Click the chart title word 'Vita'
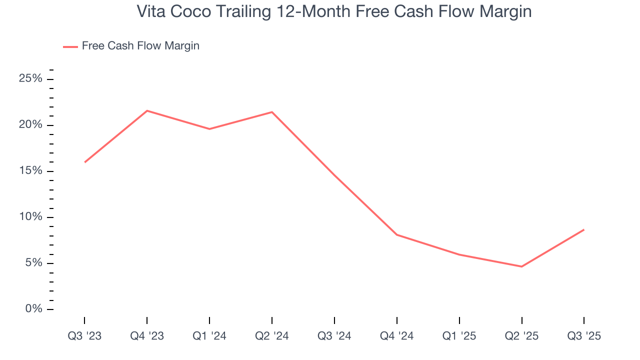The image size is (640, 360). [x=151, y=11]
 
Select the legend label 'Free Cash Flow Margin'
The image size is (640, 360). [x=140, y=46]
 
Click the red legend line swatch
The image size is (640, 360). [x=70, y=46]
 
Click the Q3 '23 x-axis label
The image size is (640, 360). [x=84, y=336]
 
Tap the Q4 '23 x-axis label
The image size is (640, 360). [x=147, y=336]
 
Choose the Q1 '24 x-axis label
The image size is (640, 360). [x=209, y=336]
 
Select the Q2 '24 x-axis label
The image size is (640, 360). [x=272, y=336]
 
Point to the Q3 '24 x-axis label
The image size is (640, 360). [x=334, y=336]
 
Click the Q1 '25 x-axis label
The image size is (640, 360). [x=459, y=336]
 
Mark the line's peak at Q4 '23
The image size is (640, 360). [x=147, y=110]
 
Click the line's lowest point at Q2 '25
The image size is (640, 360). [x=521, y=266]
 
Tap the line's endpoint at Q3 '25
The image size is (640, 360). [x=584, y=229]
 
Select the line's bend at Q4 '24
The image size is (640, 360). [x=396, y=234]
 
